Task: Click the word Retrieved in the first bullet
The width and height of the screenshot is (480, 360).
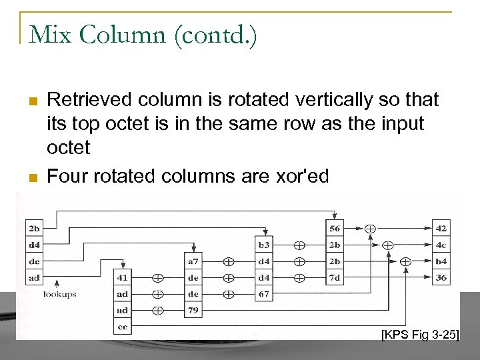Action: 79,100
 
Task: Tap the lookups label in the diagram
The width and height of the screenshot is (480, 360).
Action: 60,293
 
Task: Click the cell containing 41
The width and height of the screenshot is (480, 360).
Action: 122,277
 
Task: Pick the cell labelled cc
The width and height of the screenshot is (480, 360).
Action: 122,327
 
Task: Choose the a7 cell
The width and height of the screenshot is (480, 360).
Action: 193,261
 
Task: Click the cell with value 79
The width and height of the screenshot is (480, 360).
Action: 193,311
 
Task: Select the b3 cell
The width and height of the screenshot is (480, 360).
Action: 265,245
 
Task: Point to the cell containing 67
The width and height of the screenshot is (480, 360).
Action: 265,294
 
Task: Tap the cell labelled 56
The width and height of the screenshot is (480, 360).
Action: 335,229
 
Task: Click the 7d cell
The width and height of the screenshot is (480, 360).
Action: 335,277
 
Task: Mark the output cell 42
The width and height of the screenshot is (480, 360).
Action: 441,229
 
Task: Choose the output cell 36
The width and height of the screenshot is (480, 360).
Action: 441,277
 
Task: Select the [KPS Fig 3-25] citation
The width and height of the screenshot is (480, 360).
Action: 420,333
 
